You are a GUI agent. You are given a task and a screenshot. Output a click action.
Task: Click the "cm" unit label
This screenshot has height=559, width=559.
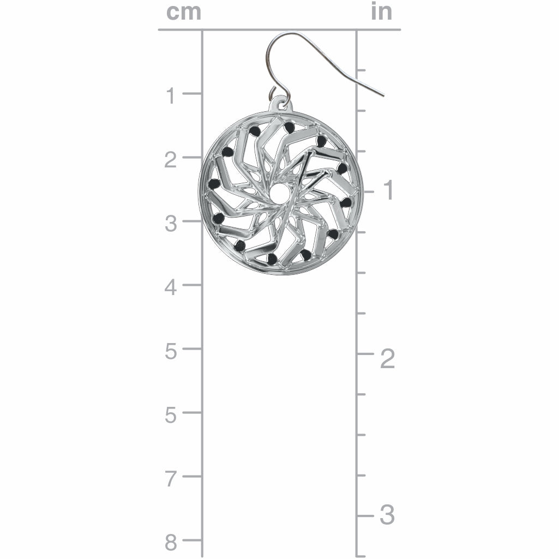click(x=184, y=12)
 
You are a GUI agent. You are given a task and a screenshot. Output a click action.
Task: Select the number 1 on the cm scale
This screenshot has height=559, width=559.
click(x=171, y=96)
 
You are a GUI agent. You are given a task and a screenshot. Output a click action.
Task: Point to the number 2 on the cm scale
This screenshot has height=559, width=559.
click(x=171, y=160)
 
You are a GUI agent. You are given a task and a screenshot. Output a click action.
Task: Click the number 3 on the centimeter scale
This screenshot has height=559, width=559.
click(x=171, y=224)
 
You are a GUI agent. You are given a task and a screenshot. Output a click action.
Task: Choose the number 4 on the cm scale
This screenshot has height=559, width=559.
click(x=171, y=287)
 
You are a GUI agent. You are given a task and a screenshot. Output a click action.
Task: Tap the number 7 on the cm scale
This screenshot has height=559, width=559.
click(x=171, y=479)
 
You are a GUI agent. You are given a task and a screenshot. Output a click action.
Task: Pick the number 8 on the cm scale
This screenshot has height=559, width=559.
click(x=171, y=543)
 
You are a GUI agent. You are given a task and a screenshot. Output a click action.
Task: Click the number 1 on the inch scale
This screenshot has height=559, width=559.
click(x=388, y=190)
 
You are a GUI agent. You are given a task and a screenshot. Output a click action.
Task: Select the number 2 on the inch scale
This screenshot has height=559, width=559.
click(x=388, y=359)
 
